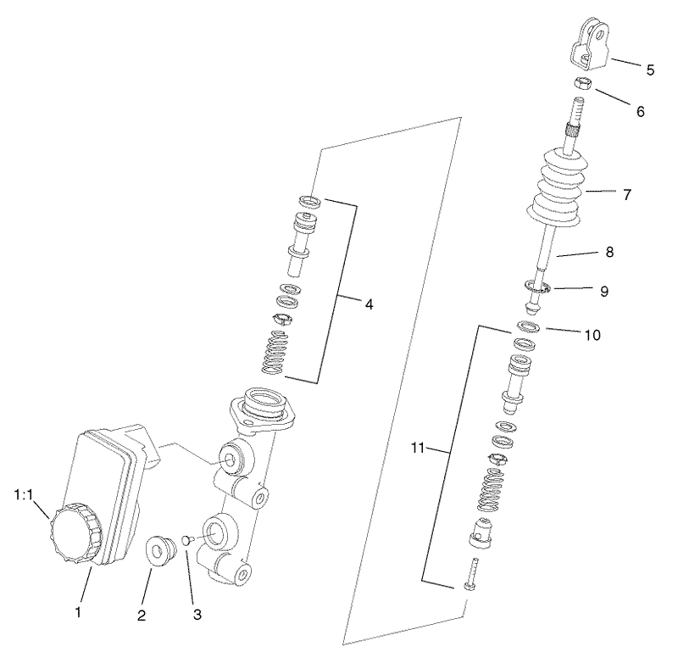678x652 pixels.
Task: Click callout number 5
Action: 650,70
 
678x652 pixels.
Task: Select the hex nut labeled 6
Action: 584,84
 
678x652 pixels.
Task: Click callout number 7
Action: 626,194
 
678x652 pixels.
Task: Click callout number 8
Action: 609,252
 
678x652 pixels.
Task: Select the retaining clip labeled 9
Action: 537,289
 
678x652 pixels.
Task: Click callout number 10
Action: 591,334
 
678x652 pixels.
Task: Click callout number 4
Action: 369,303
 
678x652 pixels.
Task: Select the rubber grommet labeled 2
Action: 159,549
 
